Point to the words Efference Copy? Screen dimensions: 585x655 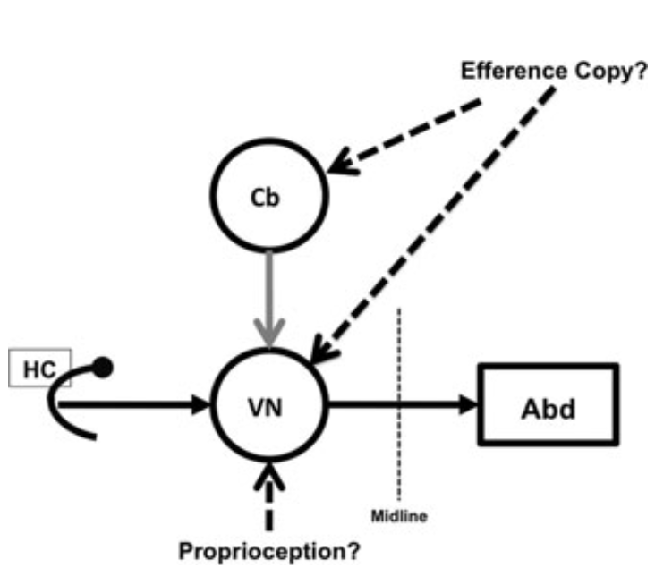coord(553,72)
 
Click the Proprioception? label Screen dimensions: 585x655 coord(270,551)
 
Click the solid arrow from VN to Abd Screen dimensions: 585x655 coord(403,404)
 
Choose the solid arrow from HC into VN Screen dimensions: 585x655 coord(134,404)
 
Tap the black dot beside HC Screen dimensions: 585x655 coord(103,366)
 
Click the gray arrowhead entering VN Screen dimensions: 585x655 coord(268,331)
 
